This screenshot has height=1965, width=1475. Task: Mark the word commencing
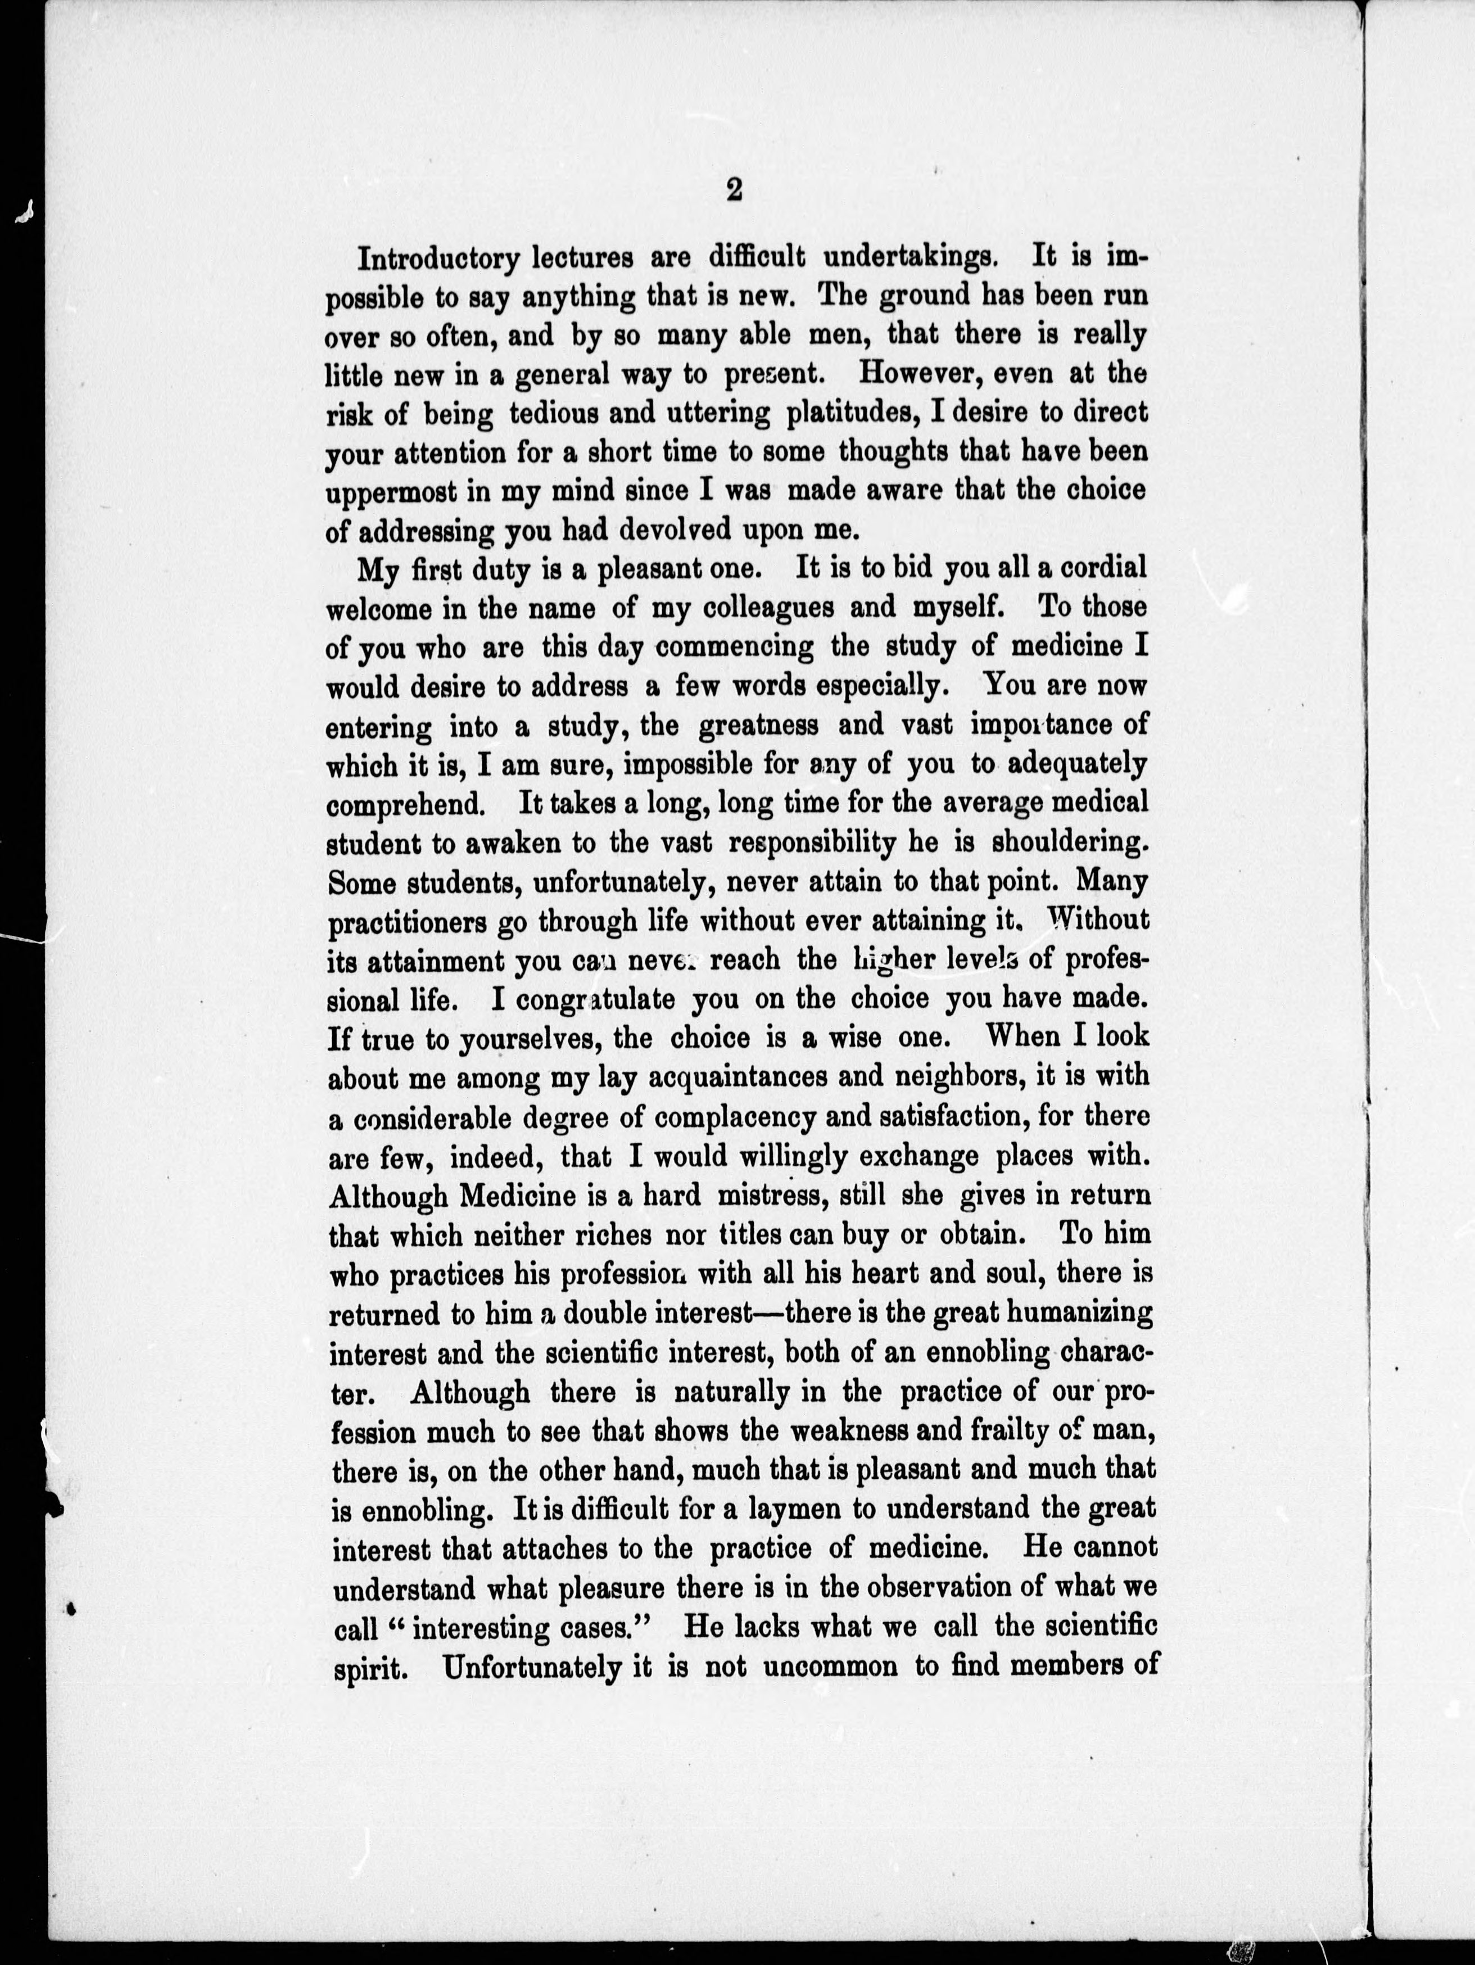point(734,648)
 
